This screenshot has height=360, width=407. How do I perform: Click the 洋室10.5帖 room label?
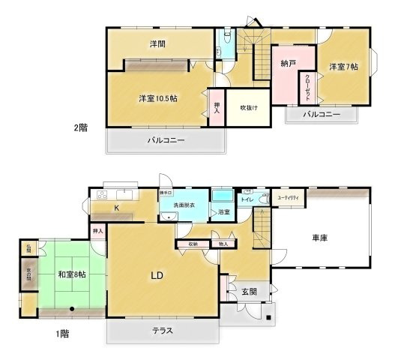pyautogui.click(x=157, y=98)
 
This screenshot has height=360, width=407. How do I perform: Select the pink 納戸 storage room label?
pyautogui.click(x=284, y=64)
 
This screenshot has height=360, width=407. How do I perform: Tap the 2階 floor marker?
pyautogui.click(x=79, y=127)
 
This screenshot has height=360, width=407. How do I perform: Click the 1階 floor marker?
pyautogui.click(x=62, y=332)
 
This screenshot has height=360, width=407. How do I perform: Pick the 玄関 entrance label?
pyautogui.click(x=250, y=291)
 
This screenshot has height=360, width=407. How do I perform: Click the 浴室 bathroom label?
pyautogui.click(x=223, y=213)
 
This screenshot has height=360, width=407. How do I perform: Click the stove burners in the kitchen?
pyautogui.click(x=100, y=195)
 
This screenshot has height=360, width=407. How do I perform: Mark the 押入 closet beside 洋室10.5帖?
pyautogui.click(x=217, y=109)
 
